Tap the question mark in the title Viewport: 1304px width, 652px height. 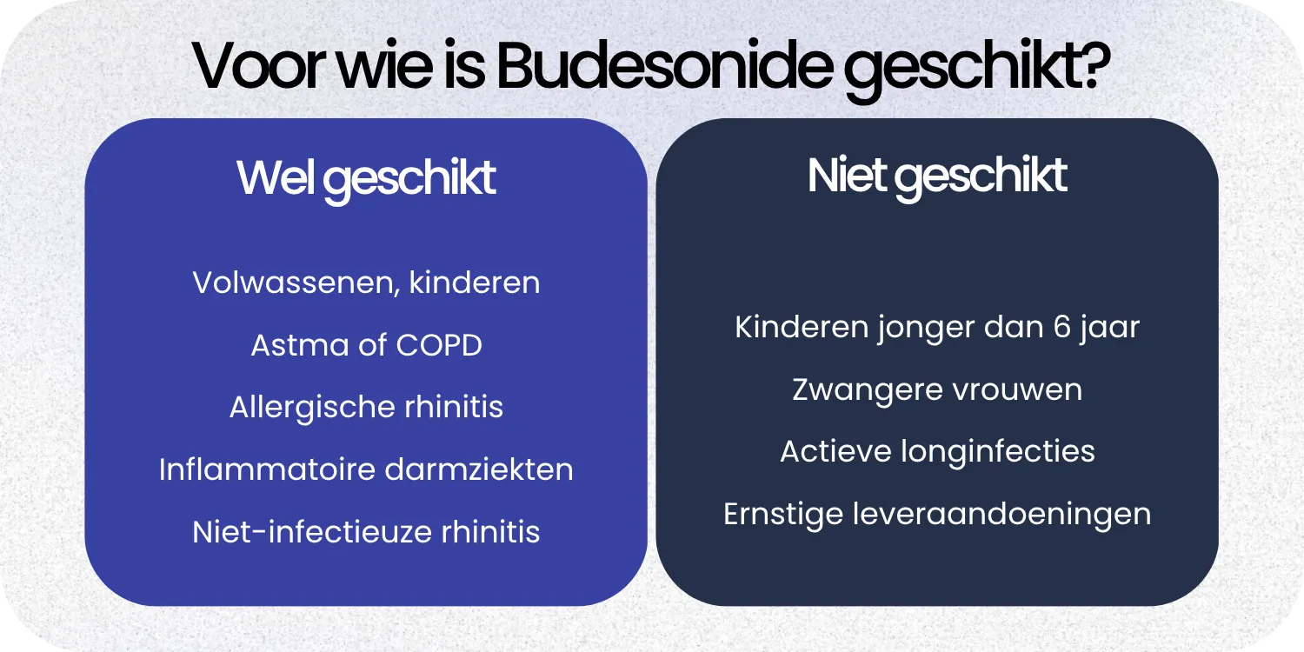[1093, 68]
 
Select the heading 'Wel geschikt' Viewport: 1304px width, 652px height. [366, 179]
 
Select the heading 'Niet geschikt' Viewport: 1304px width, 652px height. [937, 176]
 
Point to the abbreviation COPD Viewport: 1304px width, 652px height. [439, 346]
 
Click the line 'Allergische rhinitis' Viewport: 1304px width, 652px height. [366, 408]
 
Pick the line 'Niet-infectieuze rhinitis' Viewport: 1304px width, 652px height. [366, 532]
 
